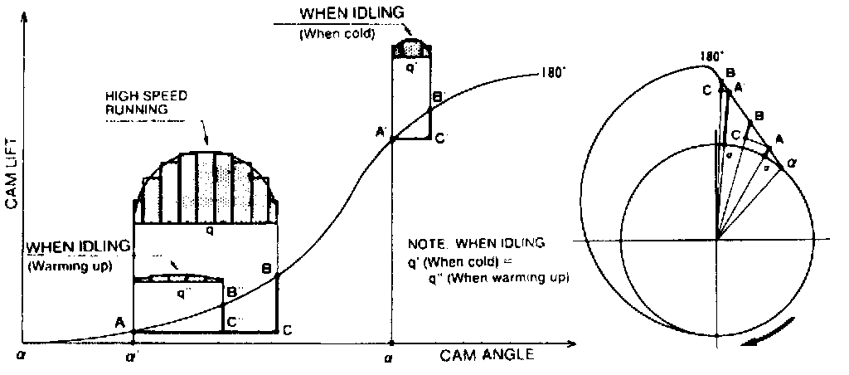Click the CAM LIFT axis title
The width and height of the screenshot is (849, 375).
click(x=12, y=178)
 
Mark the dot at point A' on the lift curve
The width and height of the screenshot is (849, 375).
click(x=392, y=139)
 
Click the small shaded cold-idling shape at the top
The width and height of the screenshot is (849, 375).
click(x=410, y=48)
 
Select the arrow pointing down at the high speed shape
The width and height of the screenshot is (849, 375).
click(x=205, y=138)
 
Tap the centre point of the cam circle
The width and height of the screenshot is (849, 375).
click(x=717, y=240)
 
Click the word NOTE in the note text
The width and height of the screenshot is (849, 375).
click(x=424, y=244)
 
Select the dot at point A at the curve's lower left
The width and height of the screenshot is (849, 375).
click(x=134, y=331)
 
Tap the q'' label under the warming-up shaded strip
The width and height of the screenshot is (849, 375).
click(x=181, y=294)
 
